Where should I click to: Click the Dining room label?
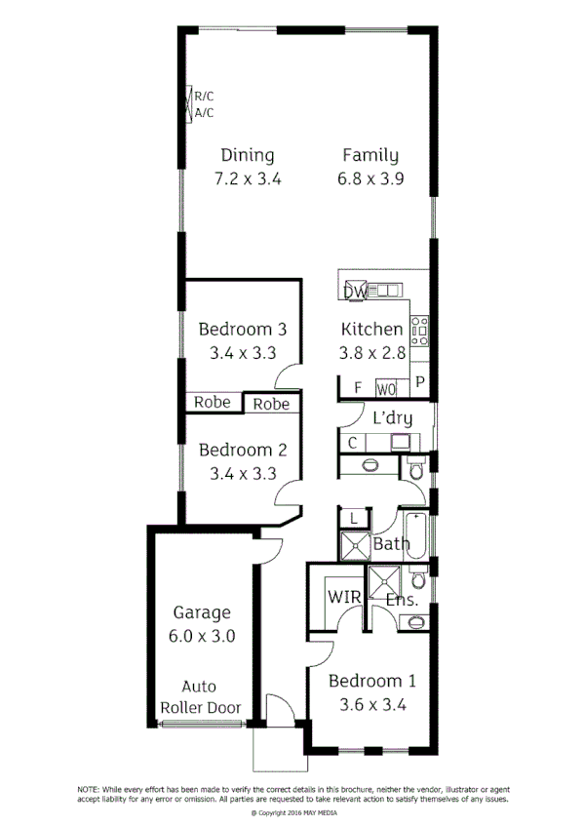(247, 155)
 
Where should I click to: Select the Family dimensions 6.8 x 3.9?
(370, 178)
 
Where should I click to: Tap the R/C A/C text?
(204, 104)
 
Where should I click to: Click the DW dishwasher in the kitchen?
(355, 291)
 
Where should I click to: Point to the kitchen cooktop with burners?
(420, 331)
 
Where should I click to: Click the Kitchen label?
(371, 330)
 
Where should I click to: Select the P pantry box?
(420, 382)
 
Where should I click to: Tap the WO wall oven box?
(386, 388)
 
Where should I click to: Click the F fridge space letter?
(358, 388)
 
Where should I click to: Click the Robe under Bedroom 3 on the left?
(212, 402)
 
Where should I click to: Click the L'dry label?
(393, 418)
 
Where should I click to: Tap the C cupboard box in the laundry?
(352, 444)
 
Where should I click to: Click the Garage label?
(202, 612)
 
